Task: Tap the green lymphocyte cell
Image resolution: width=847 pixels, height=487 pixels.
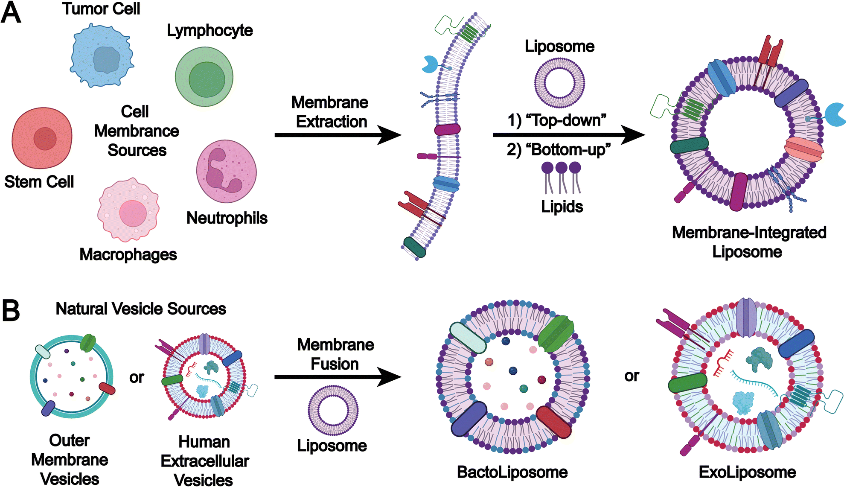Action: pos(204,77)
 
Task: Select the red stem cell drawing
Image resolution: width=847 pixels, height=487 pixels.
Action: pos(42,138)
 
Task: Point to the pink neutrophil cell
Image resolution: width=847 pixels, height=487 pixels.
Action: pos(226,171)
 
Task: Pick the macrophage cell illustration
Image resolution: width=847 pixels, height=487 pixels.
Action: pos(128,210)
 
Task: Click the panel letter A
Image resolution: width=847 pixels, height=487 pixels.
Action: pos(11,13)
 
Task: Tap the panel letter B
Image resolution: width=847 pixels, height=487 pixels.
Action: pos(11,310)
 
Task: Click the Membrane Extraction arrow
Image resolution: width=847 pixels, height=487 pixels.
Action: pos(337,135)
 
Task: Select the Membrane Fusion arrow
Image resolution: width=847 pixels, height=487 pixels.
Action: pos(337,377)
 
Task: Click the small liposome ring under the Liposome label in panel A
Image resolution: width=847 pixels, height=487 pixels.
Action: pos(559,83)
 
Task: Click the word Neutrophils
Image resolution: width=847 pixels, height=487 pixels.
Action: pos(227,218)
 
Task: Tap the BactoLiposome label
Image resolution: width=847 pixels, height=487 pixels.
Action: pos(512,472)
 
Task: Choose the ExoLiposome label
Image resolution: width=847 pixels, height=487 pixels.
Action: pos(747,472)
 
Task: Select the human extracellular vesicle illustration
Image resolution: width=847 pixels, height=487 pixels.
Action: pos(204,376)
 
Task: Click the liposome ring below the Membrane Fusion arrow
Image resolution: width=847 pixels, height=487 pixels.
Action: pos(333,410)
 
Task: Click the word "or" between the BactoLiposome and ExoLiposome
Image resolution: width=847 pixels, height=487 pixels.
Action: pos(632,376)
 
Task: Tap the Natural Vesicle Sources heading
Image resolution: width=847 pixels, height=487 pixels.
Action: pos(141,309)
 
